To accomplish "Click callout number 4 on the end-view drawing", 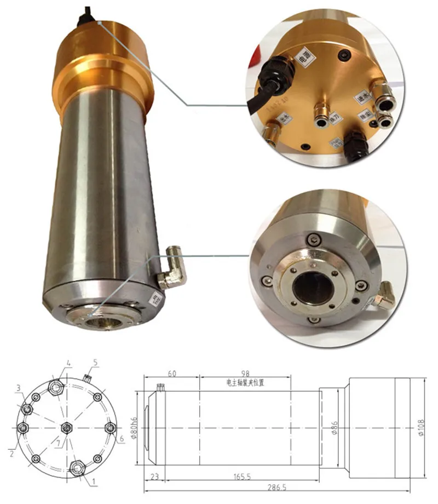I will click(68, 363).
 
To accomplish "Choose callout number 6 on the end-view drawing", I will click(121, 439).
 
